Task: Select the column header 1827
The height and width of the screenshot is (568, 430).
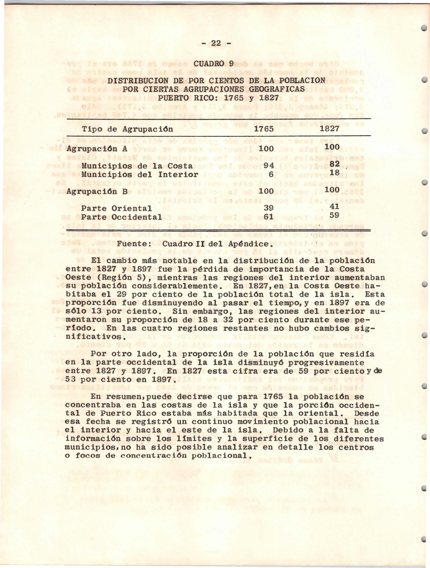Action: point(330,129)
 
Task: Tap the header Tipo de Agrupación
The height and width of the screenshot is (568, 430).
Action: point(127,129)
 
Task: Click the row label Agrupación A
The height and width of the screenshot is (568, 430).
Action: point(97,149)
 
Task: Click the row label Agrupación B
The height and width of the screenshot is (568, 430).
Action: point(97,191)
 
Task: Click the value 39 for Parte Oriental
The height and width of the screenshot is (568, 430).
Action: point(268,208)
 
